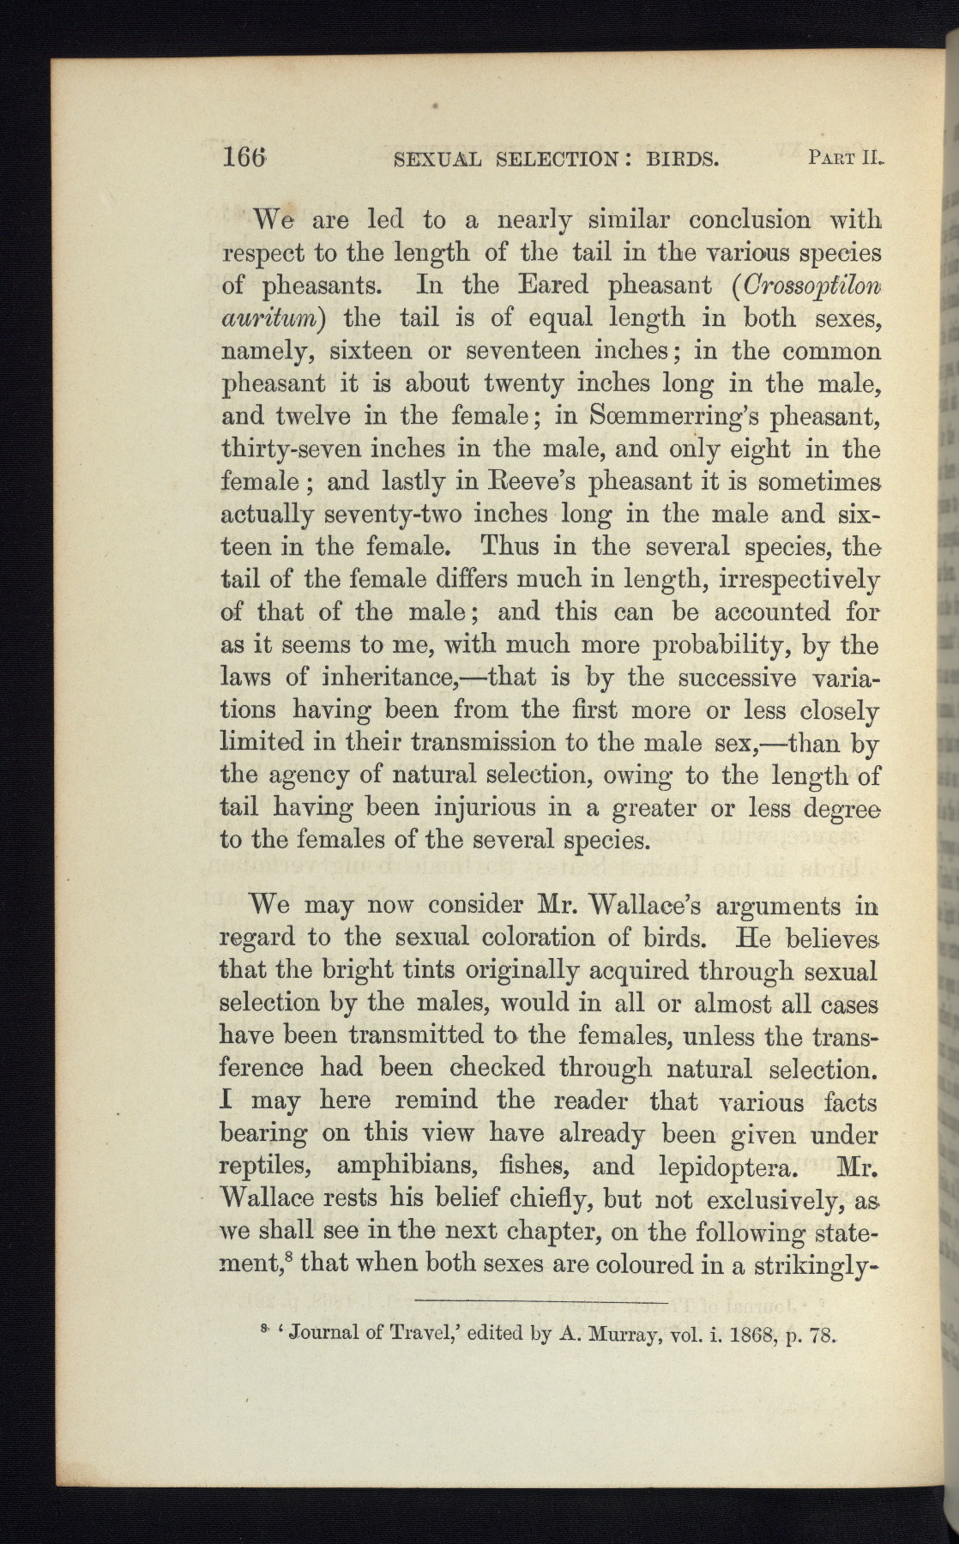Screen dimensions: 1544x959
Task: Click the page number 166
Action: coord(246,158)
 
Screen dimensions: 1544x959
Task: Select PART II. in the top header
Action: coord(846,158)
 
